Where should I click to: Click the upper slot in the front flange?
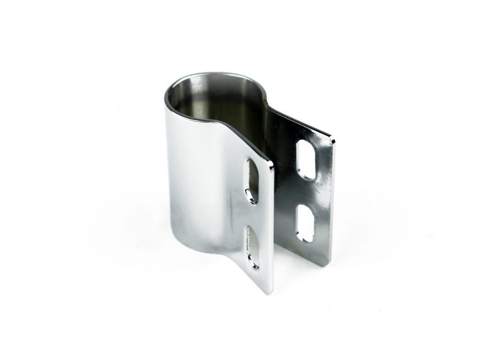click(252, 181)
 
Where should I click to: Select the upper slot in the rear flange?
click(306, 160)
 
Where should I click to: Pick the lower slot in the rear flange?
click(305, 223)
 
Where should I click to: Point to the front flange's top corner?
click(271, 164)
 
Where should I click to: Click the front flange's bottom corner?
click(269, 293)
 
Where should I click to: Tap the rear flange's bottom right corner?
click(326, 265)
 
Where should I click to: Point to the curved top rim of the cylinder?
click(216, 75)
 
